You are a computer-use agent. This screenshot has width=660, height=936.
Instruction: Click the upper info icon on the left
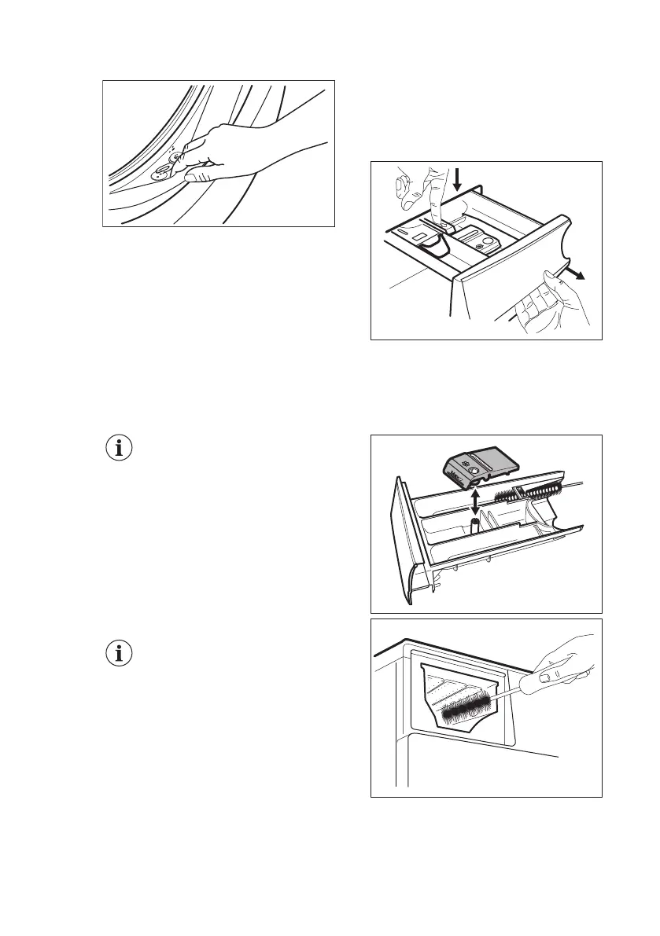[120, 449]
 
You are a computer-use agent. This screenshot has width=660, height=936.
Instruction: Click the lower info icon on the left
[120, 653]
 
